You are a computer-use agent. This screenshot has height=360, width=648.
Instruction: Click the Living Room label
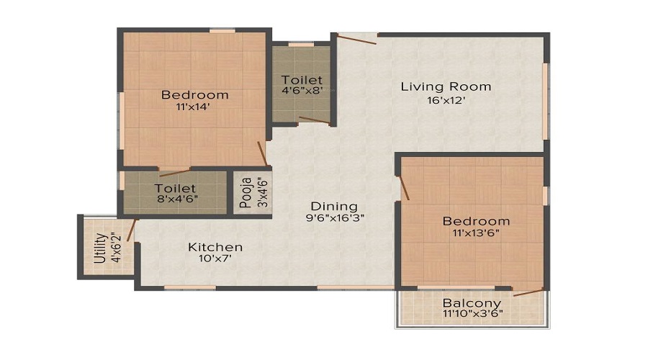click(x=446, y=86)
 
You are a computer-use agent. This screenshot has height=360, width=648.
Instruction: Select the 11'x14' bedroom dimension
click(x=194, y=108)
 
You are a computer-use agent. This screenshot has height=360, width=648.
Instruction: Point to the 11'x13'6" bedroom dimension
click(x=476, y=233)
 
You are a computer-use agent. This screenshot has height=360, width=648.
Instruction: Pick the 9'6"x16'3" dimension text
click(x=329, y=218)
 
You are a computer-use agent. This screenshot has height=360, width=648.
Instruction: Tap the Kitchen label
click(x=215, y=247)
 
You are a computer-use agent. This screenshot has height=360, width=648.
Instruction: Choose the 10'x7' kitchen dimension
click(x=215, y=260)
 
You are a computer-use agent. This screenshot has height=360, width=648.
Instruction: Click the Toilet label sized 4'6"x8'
click(x=302, y=79)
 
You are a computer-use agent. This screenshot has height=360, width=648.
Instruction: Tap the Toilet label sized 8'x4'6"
click(x=176, y=189)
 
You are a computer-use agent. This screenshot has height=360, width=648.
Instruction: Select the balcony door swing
click(x=529, y=292)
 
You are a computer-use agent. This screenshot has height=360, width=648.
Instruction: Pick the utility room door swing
click(x=132, y=228)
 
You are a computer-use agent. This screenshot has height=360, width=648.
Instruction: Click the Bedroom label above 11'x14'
click(x=194, y=94)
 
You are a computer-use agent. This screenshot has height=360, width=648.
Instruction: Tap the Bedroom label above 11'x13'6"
click(x=476, y=220)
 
